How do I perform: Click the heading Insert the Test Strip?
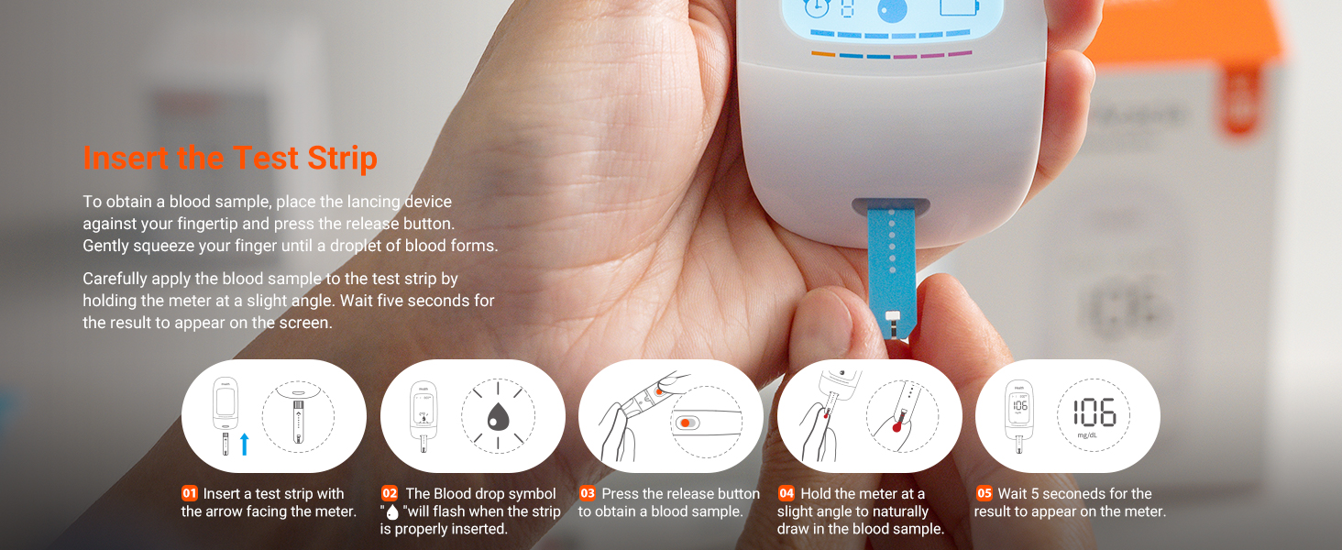pyautogui.click(x=230, y=158)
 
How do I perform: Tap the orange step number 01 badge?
pyautogui.click(x=190, y=494)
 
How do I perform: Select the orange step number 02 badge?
pyautogui.click(x=390, y=494)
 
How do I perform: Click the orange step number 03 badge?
pyautogui.click(x=588, y=494)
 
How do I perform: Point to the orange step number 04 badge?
pyautogui.click(x=786, y=494)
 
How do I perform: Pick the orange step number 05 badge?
pyautogui.click(x=984, y=494)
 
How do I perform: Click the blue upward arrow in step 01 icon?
pyautogui.click(x=245, y=445)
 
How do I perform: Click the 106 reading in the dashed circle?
pyautogui.click(x=1094, y=412)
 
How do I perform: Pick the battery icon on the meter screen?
pyautogui.click(x=959, y=7)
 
